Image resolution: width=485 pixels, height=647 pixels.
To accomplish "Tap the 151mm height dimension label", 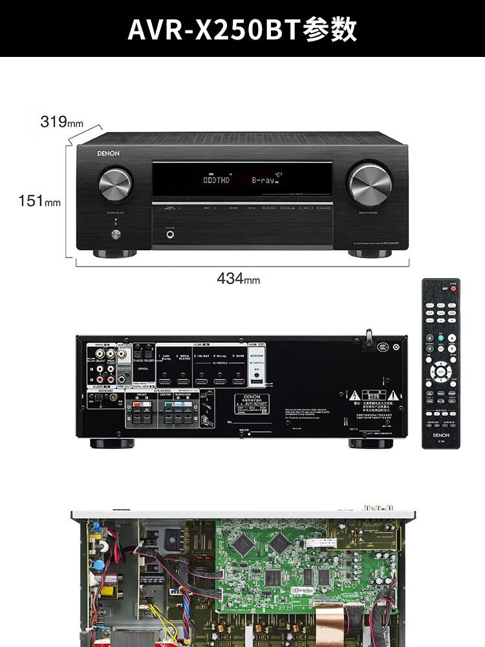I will pos(39,201).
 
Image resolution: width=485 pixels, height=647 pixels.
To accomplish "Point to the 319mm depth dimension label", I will pos(62,121).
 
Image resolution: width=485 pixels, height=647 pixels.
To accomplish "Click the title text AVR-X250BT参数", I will pos(242,29).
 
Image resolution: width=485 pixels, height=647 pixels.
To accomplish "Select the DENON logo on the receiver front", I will pos(108,154).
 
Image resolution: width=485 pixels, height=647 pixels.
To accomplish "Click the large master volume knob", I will pos(370,184).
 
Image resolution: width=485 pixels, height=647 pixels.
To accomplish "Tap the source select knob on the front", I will pos(115,184).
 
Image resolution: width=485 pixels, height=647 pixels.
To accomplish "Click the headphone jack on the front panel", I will pos(170,234).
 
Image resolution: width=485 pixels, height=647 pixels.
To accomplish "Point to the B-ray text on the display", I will pos(263,179).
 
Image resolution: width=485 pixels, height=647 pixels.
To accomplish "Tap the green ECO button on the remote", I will pos(440,337).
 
